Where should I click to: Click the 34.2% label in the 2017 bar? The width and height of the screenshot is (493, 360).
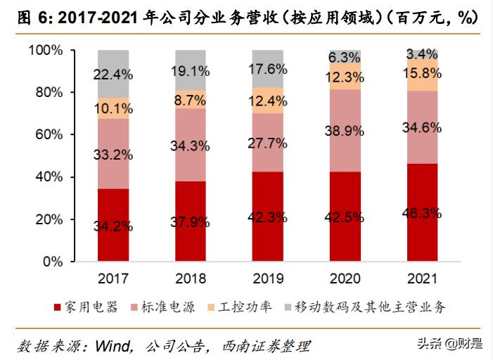coord(113,226)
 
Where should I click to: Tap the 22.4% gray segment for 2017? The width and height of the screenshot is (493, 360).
coord(113,74)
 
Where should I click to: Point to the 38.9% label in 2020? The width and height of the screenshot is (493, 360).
coord(345,130)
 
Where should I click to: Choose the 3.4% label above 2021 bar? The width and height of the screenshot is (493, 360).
coord(423,53)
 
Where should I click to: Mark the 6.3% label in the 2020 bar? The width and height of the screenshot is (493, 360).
coord(345,57)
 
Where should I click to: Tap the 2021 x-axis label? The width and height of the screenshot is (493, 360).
coord(423,278)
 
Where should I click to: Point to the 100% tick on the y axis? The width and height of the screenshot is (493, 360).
coord(46,51)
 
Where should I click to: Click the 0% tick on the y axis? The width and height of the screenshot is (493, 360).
coord(53,262)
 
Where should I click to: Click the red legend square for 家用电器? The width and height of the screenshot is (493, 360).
coord(56,307)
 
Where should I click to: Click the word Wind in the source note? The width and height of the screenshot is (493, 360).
coord(112,345)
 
